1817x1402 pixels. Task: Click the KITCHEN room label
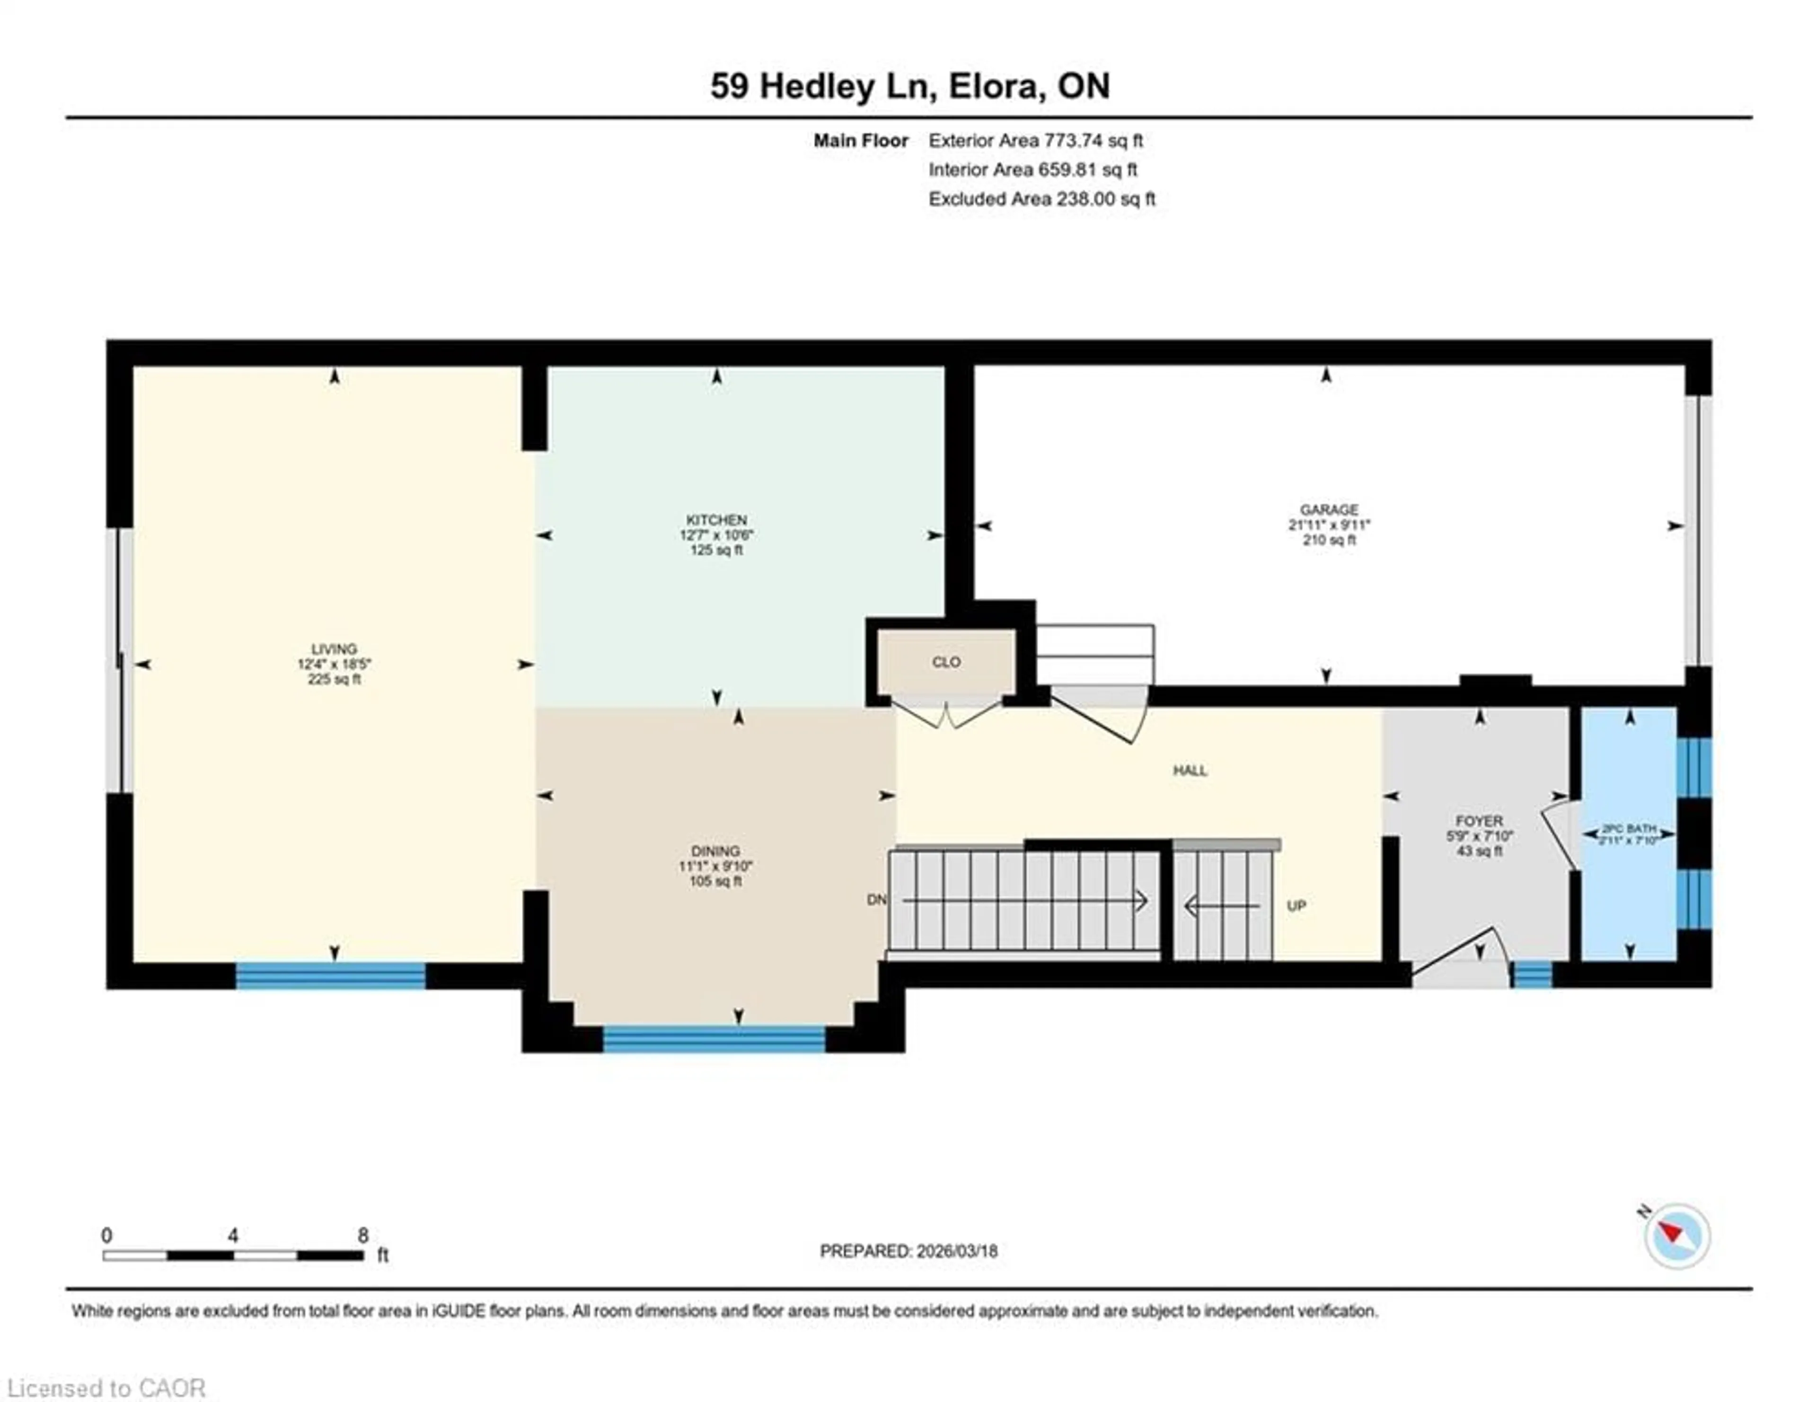(716, 520)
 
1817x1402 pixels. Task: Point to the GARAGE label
(1329, 510)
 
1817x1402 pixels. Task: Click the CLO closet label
(946, 662)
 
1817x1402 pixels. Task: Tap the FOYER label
(1478, 821)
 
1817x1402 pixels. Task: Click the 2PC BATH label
(1629, 829)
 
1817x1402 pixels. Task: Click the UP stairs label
(1296, 905)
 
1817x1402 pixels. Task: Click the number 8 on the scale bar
(363, 1236)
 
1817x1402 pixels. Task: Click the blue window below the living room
(331, 975)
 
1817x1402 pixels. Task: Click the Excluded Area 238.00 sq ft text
(1041, 199)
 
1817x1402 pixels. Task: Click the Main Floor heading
(860, 140)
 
